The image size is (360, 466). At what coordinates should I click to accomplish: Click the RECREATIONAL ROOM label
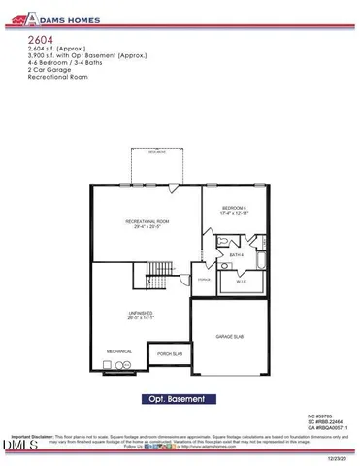pyautogui.click(x=147, y=223)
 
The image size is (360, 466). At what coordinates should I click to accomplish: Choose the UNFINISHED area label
pyautogui.click(x=141, y=313)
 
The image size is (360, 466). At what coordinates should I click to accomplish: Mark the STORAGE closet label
pyautogui.click(x=203, y=280)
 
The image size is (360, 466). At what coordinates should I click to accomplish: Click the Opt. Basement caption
pyautogui.click(x=180, y=398)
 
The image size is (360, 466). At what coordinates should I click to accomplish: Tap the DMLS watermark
pyautogui.click(x=16, y=446)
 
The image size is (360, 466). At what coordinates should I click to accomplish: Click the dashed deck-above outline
pyautogui.click(x=155, y=166)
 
